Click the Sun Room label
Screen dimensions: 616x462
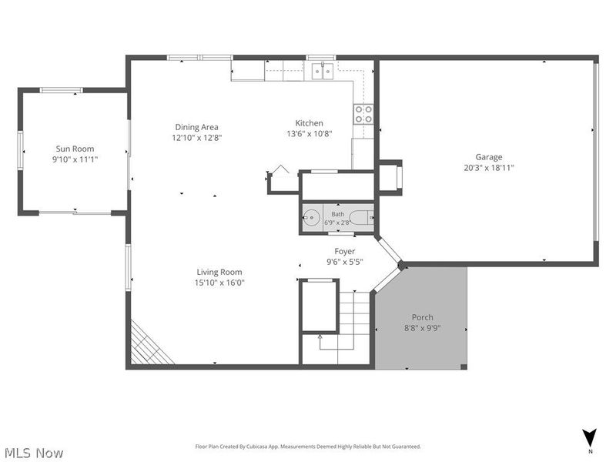pos(75,149)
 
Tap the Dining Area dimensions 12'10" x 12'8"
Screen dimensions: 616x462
pos(197,138)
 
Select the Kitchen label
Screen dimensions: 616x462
pos(310,123)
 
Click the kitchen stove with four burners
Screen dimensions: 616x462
pos(363,114)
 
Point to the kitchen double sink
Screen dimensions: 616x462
pos(323,71)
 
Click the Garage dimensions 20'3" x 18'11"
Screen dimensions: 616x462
pos(489,168)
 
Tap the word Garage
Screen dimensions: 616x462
pos(489,157)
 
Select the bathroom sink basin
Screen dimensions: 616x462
pos(312,218)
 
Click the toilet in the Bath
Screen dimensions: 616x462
pos(361,218)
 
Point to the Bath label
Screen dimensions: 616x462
pos(338,214)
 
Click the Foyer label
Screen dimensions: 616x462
pos(344,251)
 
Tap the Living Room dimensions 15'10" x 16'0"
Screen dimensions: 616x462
pos(219,283)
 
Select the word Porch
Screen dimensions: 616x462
pos(422,317)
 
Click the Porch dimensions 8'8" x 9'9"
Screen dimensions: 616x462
pos(422,328)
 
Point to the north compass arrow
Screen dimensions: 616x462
pos(590,437)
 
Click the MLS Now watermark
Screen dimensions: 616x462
pos(32,453)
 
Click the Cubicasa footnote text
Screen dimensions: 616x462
pos(308,447)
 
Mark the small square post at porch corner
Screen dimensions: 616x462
pos(464,367)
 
